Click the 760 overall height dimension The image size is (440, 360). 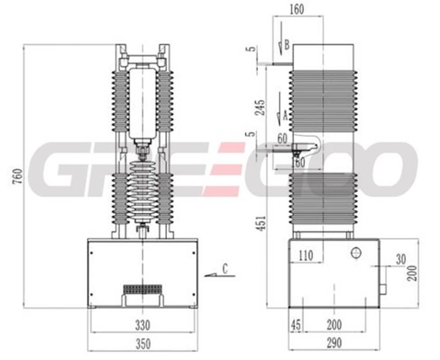click(x=19, y=176)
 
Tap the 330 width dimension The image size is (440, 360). click(x=142, y=325)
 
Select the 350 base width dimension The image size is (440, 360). click(x=143, y=344)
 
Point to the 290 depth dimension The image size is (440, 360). click(x=334, y=343)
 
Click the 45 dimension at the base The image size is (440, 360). click(x=296, y=325)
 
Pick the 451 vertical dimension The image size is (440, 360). click(x=262, y=223)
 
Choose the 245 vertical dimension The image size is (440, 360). click(x=260, y=107)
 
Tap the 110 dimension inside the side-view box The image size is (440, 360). click(x=305, y=256)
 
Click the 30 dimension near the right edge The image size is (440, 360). click(x=401, y=259)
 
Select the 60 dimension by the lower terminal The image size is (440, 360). click(x=282, y=139)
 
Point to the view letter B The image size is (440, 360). click(x=287, y=45)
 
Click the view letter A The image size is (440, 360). click(x=285, y=115)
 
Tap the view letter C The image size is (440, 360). click(x=225, y=269)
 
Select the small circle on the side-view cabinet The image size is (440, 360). click(x=356, y=253)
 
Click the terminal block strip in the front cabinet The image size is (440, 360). click(x=142, y=289)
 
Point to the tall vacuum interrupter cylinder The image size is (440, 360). click(x=142, y=103)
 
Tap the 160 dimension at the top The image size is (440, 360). click(x=296, y=9)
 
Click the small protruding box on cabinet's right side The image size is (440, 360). click(x=383, y=289)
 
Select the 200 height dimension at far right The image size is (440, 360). click(x=412, y=273)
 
